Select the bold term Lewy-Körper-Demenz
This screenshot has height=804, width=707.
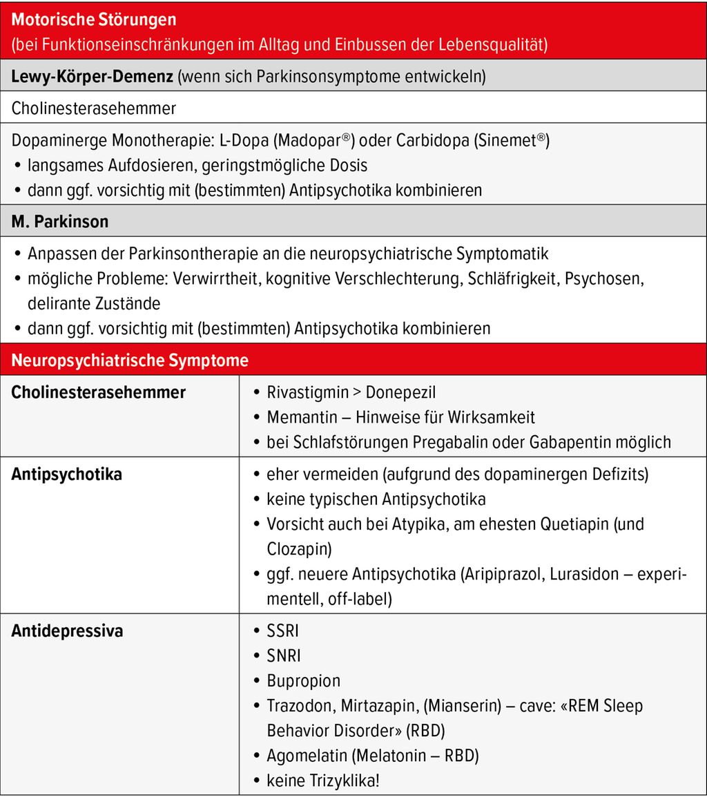[93, 77]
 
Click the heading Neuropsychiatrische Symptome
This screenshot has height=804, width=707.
[130, 361]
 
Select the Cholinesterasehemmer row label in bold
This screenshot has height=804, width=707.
[99, 392]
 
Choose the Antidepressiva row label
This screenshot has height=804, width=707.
[67, 631]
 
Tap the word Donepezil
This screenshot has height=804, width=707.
[401, 392]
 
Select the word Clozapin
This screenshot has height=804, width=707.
[297, 548]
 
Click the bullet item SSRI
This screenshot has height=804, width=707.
[283, 631]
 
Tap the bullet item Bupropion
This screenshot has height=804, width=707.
[304, 680]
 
